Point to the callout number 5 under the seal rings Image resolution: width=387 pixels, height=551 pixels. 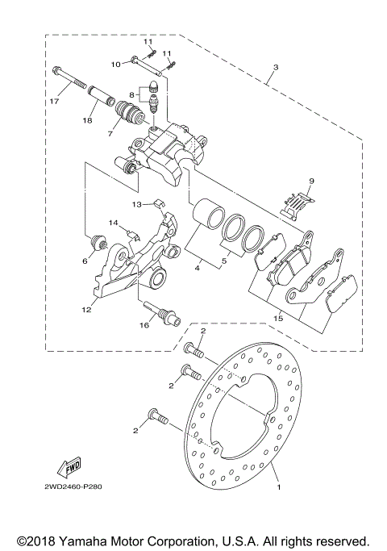(223, 261)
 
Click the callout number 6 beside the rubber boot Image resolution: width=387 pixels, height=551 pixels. (85, 261)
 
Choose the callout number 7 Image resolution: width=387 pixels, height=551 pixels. (110, 133)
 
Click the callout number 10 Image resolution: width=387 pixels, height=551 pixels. (115, 63)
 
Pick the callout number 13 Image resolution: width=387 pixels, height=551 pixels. (137, 204)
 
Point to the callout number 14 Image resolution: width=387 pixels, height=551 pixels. (114, 222)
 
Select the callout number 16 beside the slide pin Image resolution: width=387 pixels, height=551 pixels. (146, 326)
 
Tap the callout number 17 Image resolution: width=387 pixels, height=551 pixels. (54, 102)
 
